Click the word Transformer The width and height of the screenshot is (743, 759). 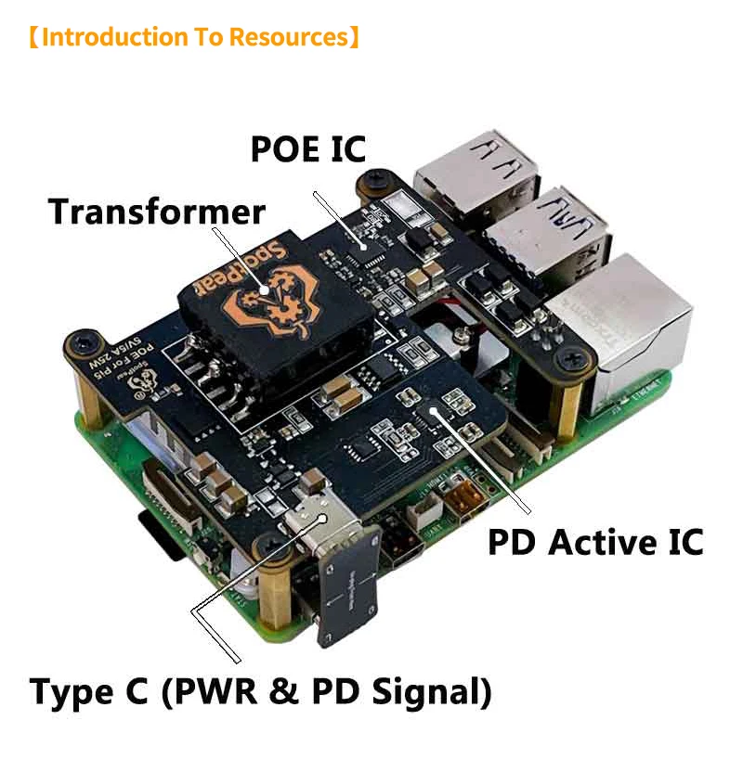pos(157,212)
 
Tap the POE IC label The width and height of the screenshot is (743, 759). pos(308,148)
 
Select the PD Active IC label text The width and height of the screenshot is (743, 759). pos(595,542)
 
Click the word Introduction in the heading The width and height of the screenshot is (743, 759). pos(115,38)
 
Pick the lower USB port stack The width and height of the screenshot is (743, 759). pos(548,236)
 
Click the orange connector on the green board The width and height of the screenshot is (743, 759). pos(462,495)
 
